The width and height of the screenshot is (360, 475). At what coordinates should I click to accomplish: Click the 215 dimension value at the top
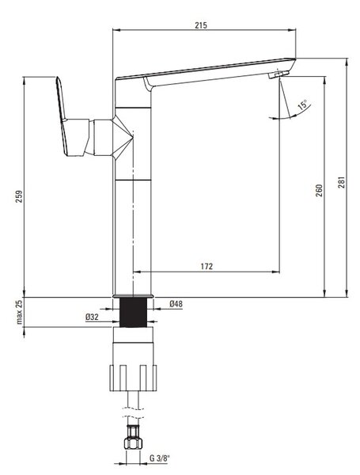tap(201, 25)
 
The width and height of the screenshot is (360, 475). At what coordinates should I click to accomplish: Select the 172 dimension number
tap(207, 266)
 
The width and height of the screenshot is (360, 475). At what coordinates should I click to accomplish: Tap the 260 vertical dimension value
tap(319, 191)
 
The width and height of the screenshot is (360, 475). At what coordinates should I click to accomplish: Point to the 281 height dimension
tap(341, 182)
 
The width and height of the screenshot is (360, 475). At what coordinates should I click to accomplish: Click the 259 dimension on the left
tap(19, 196)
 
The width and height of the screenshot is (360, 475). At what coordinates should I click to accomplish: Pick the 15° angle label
tap(303, 104)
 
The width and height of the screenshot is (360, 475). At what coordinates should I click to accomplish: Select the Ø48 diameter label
tap(176, 303)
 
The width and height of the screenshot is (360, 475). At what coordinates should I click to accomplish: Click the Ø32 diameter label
tap(92, 317)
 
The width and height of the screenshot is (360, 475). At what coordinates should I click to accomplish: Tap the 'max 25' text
tap(19, 312)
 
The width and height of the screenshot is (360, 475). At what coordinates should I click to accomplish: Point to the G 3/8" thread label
tap(160, 466)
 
